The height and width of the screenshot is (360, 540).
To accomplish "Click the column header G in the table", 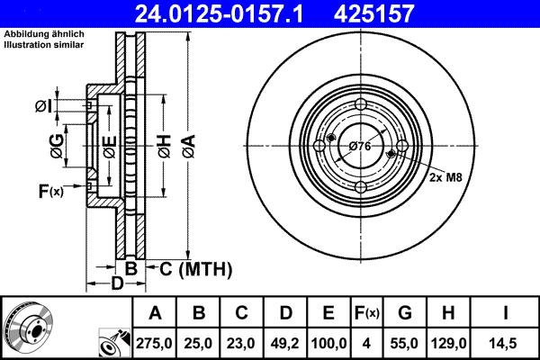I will [404, 313].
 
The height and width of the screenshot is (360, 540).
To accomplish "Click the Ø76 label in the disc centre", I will [360, 146].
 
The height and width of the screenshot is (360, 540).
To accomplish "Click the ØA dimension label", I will [187, 140].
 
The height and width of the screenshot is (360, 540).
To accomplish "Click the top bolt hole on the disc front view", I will [359, 104].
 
